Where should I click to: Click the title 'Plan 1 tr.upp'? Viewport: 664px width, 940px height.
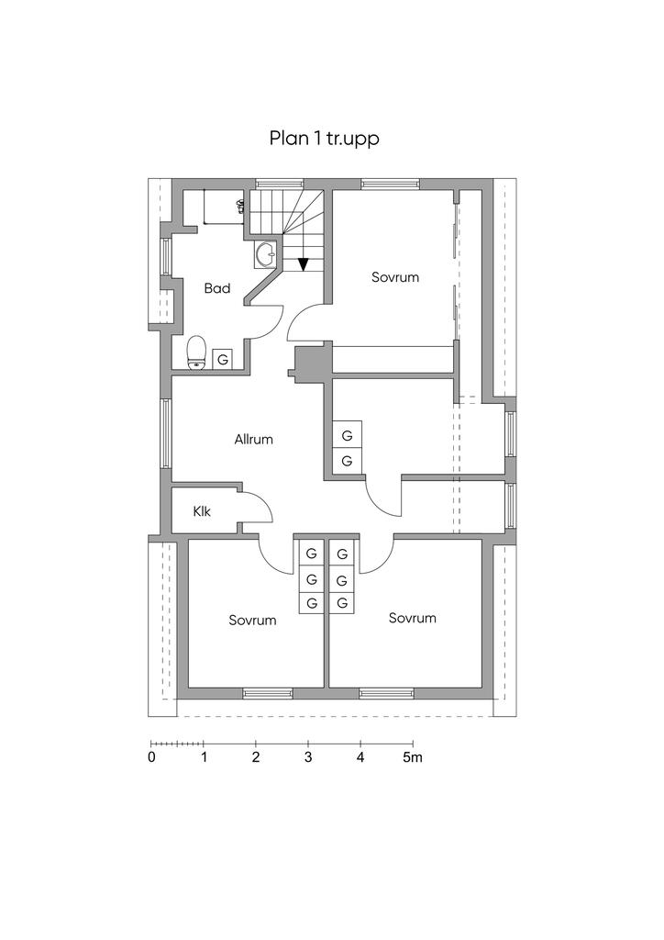pyautogui.click(x=324, y=139)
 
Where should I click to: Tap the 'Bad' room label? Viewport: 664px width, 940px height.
pyautogui.click(x=216, y=288)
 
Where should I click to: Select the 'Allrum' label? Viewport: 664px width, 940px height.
pyautogui.click(x=254, y=440)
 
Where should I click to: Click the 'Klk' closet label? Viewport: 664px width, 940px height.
pyautogui.click(x=202, y=511)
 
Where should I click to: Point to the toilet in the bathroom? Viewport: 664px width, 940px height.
pyautogui.click(x=195, y=353)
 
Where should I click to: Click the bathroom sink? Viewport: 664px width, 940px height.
pyautogui.click(x=265, y=253)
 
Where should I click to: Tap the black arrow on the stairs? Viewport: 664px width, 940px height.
pyautogui.click(x=302, y=263)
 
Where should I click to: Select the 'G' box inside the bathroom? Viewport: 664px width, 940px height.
pyautogui.click(x=223, y=359)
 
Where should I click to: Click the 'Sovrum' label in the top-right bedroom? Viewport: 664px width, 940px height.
pyautogui.click(x=395, y=276)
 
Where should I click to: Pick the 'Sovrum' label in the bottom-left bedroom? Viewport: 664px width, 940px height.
pyautogui.click(x=252, y=621)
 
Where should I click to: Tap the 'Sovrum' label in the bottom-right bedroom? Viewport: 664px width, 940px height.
pyautogui.click(x=412, y=618)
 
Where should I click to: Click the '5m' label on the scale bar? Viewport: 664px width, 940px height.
pyautogui.click(x=413, y=758)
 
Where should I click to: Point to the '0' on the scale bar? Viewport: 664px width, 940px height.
pyautogui.click(x=151, y=758)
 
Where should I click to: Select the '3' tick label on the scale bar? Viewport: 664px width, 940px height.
pyautogui.click(x=308, y=758)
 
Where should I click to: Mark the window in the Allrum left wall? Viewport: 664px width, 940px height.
pyautogui.click(x=166, y=433)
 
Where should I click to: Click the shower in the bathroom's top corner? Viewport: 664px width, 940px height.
pyautogui.click(x=213, y=207)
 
